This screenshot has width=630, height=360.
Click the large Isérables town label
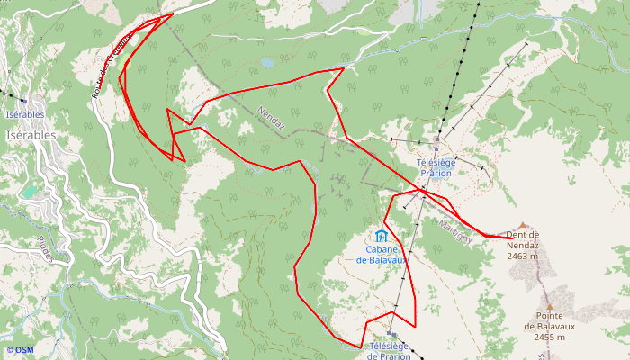pos(31,134)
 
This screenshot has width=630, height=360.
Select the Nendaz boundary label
pos(271,119)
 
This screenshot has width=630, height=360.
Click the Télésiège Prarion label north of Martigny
pos(435,166)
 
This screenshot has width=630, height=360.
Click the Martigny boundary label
pos(455,231)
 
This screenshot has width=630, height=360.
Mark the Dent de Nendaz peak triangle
pos(522,225)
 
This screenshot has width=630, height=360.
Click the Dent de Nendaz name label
pos(522,239)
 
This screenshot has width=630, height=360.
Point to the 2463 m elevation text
pos(522,256)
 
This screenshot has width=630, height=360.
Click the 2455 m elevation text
pos(549,337)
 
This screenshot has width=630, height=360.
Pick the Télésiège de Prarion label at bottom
pos(390,350)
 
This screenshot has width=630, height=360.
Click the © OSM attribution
pos(19,350)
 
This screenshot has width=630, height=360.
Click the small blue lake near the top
pos(267,63)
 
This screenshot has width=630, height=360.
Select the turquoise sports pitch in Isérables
pos(31,192)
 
